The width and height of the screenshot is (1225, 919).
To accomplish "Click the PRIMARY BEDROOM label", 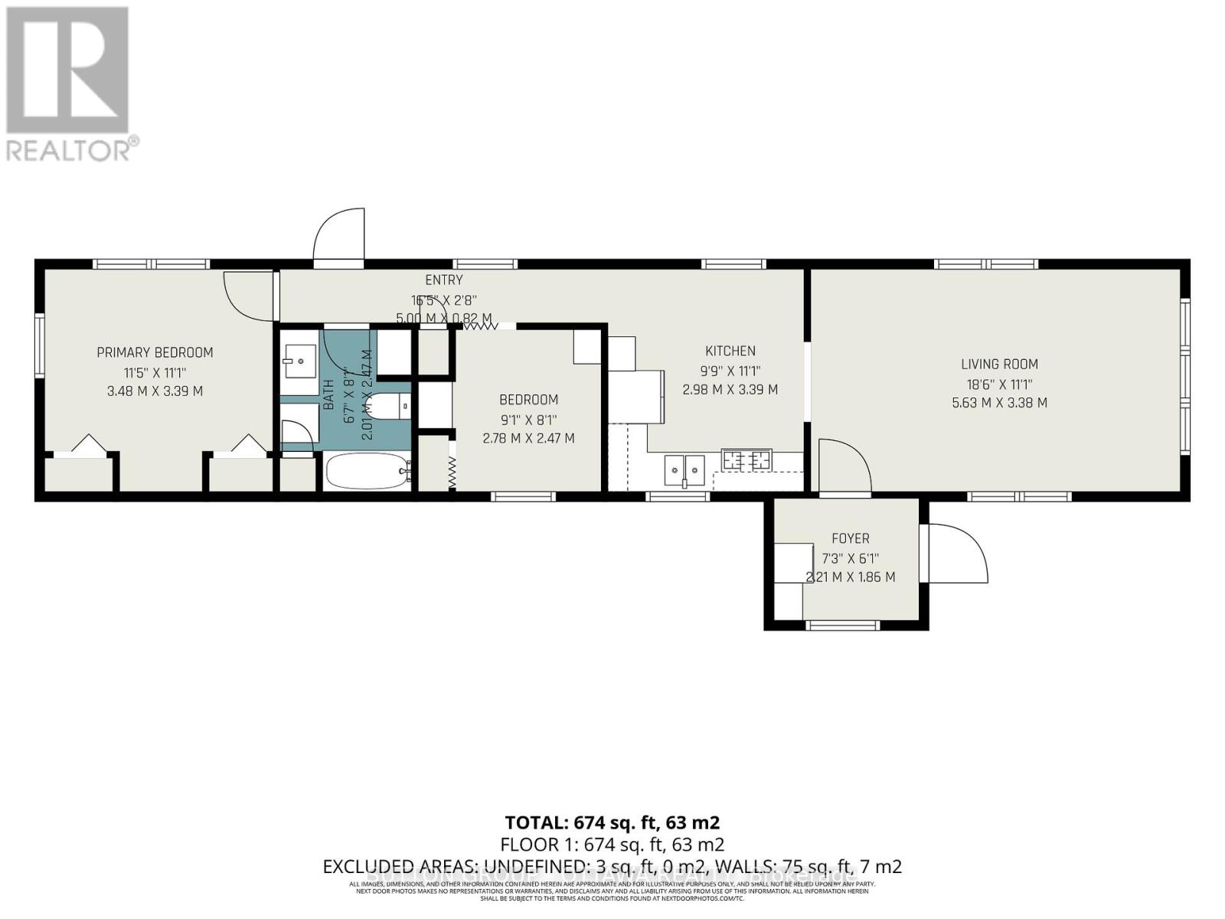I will tap(155, 352).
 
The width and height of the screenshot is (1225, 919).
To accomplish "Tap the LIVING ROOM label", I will tap(999, 365).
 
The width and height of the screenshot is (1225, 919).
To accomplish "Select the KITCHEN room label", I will tap(730, 351).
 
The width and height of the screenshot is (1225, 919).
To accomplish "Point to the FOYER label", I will tap(850, 538).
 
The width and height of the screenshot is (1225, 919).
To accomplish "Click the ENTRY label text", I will tap(444, 280).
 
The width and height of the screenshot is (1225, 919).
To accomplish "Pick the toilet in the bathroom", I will tap(390, 406).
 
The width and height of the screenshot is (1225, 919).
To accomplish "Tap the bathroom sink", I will tap(299, 360).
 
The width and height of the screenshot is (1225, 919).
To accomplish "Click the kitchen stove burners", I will tap(747, 459).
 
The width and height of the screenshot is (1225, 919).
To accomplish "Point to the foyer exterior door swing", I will tap(957, 553).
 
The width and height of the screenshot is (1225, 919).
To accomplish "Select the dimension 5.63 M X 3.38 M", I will tap(999, 403).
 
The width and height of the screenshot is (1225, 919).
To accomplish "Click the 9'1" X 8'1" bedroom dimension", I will tap(528, 420).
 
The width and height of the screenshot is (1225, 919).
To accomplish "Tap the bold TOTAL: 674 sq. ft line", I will tap(612, 823).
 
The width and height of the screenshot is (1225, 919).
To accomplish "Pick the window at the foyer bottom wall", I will tap(843, 626).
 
